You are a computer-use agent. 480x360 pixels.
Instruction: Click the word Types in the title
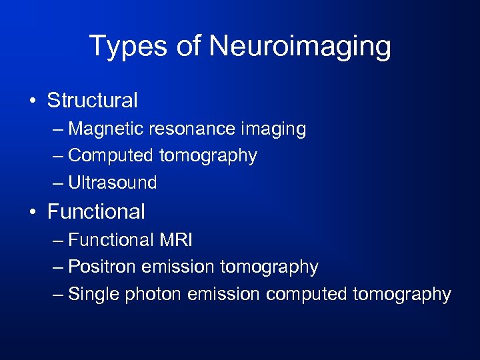[121, 47]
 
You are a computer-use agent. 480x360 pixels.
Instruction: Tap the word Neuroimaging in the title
[300, 47]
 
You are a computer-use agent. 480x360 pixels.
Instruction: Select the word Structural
[93, 101]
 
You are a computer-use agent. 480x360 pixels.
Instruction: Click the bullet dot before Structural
[33, 101]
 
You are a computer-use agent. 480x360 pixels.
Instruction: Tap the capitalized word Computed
[111, 156]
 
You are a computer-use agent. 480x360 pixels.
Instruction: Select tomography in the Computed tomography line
[208, 156]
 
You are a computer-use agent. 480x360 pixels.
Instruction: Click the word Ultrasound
[113, 183]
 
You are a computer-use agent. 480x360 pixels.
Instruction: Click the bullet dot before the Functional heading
[33, 213]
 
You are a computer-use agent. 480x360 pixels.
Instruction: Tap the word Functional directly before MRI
[111, 239]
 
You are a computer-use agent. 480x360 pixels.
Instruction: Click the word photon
[157, 294]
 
